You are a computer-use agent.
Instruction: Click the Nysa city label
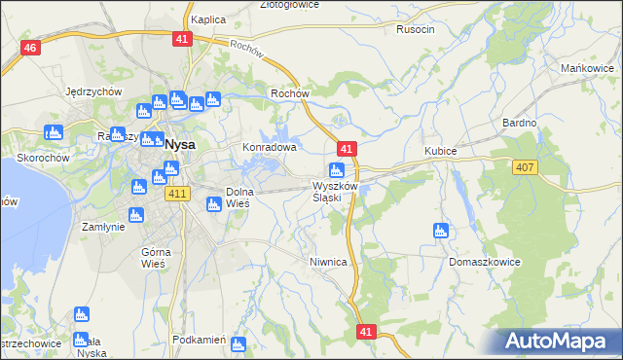click(180, 144)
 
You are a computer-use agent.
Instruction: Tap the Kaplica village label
click(208, 19)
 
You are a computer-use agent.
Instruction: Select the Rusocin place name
click(416, 29)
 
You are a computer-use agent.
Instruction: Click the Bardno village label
click(519, 123)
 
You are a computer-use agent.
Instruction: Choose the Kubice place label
click(441, 152)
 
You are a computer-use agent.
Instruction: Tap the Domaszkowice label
click(485, 263)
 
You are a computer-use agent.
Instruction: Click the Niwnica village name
click(328, 262)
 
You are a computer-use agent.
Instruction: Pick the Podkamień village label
click(198, 340)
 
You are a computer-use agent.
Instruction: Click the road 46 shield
click(30, 49)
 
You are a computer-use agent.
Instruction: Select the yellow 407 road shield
click(525, 168)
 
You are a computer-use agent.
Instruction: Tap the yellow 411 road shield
click(176, 195)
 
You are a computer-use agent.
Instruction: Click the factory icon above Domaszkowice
click(440, 231)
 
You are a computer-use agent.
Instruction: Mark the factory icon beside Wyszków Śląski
click(336, 171)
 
